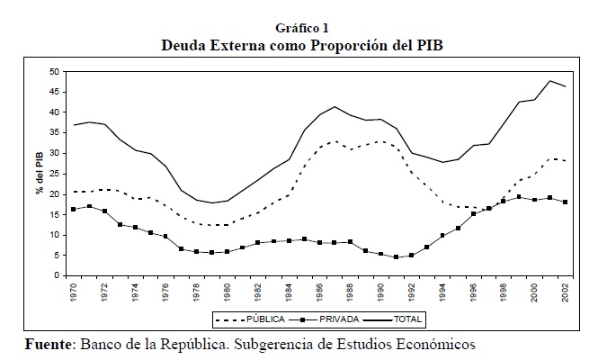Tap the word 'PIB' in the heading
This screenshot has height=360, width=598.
428,44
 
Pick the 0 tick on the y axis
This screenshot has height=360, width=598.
57,275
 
